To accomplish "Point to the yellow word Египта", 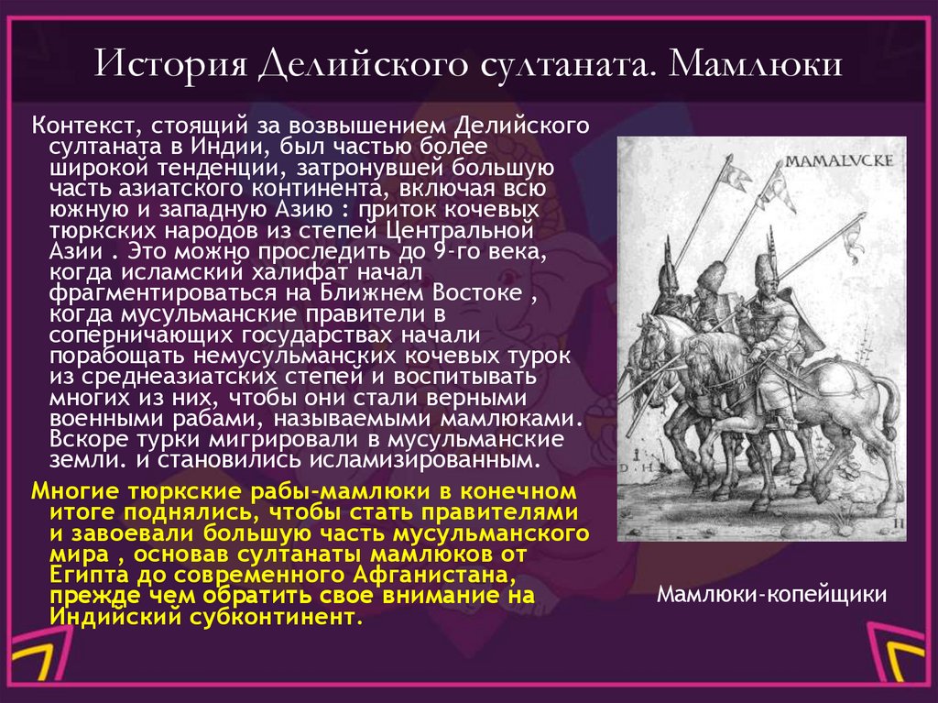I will tap(74, 575).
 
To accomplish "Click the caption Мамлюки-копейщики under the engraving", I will tap(772, 594).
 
